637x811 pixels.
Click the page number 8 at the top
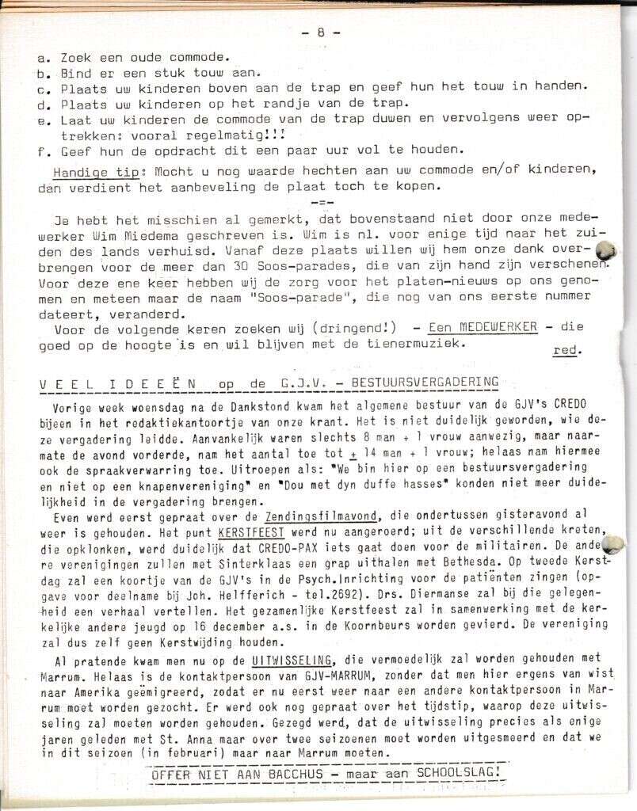coord(320,33)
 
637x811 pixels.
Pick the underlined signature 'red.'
coord(565,351)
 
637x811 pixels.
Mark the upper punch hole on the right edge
coord(605,251)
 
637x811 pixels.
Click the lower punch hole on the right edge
coord(612,544)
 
